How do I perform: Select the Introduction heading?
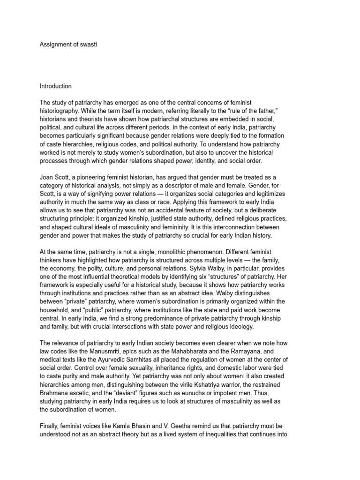pyautogui.click(x=56, y=86)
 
